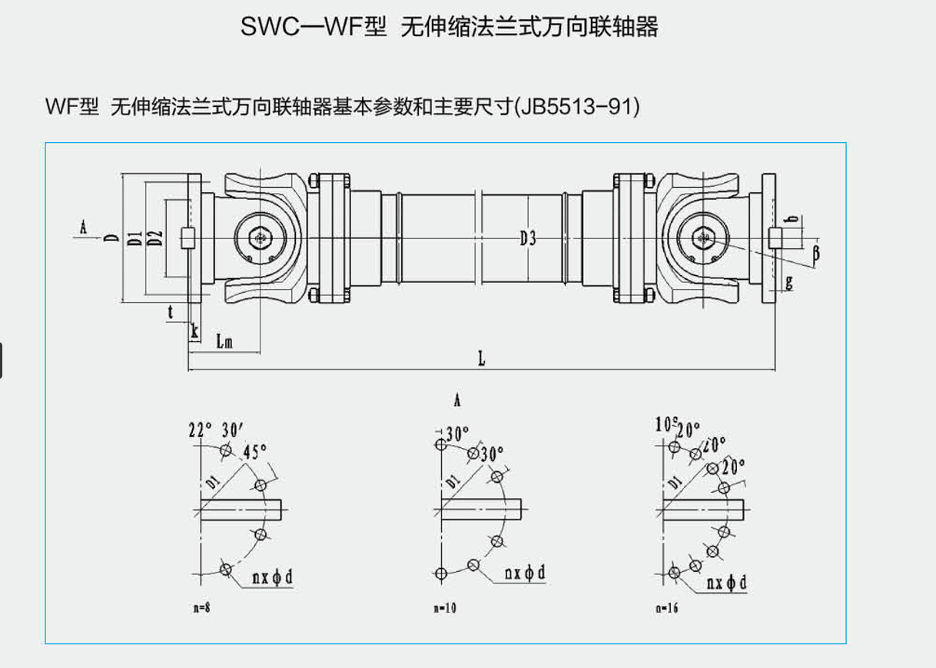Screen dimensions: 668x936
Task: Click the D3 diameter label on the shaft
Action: click(x=527, y=239)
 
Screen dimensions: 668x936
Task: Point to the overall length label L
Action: click(x=482, y=358)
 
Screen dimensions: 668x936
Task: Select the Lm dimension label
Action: click(x=224, y=341)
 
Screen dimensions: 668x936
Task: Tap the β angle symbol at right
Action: click(x=815, y=251)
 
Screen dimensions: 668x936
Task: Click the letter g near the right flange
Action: click(x=788, y=282)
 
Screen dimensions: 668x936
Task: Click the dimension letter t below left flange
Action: click(x=171, y=311)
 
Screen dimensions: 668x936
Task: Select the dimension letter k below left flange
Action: click(x=194, y=331)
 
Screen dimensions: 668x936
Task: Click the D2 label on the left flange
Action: click(x=155, y=238)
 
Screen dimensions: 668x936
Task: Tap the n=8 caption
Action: click(x=201, y=608)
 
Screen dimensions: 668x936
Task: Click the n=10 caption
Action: click(x=444, y=608)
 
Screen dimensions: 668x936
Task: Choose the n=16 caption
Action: click(x=667, y=608)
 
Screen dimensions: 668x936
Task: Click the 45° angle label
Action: click(x=255, y=451)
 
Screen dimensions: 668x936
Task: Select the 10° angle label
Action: click(x=664, y=424)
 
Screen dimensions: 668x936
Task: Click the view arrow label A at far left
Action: click(x=84, y=227)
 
